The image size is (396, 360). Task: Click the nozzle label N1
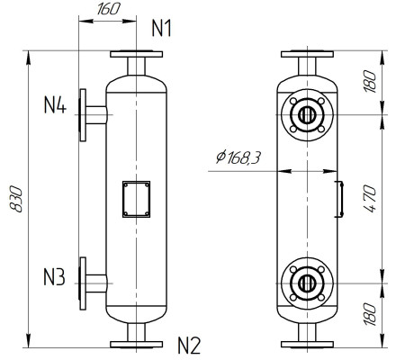pos(161,28)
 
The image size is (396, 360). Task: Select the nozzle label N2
pos(187,344)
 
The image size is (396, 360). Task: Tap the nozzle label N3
pos(54,277)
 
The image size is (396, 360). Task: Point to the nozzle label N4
pos(55,105)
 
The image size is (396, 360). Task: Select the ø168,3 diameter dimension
pos(238,158)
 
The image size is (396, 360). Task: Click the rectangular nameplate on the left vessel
pos(136,199)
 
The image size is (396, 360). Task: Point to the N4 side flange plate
pos(83,114)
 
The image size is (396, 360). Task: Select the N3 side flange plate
pos(83,283)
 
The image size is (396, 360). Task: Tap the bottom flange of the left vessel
pos(136,343)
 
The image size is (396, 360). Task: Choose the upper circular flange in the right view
pos(307,115)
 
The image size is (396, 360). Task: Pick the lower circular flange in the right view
pos(307,283)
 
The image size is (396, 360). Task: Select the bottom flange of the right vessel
pos(307,343)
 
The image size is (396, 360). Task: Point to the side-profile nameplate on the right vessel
pos(339,199)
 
